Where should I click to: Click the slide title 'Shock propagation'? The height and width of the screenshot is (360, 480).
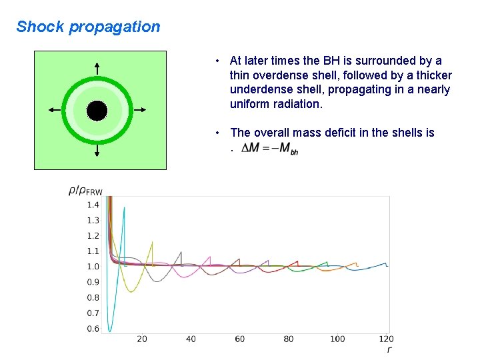click(x=88, y=27)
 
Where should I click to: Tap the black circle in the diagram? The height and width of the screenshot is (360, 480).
click(x=97, y=111)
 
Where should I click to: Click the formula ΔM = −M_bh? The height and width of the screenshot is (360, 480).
click(x=270, y=149)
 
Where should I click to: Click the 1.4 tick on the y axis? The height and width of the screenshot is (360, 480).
click(x=93, y=205)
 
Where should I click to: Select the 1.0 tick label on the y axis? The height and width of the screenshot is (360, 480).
click(x=93, y=267)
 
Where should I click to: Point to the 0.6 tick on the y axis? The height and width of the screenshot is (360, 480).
click(x=93, y=329)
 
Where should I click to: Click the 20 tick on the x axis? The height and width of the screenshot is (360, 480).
click(x=142, y=339)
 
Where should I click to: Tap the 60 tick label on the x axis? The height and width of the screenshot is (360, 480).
click(x=240, y=339)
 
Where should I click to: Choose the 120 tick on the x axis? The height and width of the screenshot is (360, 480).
click(x=386, y=339)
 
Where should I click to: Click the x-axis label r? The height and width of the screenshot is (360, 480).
click(x=389, y=349)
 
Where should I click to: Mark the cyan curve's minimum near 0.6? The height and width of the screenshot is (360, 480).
click(x=111, y=330)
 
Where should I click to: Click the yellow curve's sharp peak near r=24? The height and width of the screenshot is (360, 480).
click(x=153, y=242)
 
